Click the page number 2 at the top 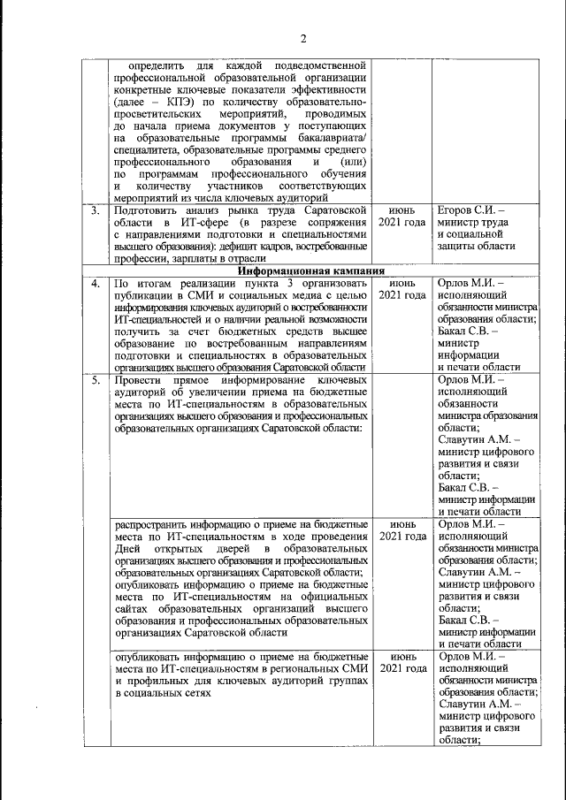pos(302,39)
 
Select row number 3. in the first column pos(96,211)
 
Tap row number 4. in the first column pos(96,283)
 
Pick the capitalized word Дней pos(129,550)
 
